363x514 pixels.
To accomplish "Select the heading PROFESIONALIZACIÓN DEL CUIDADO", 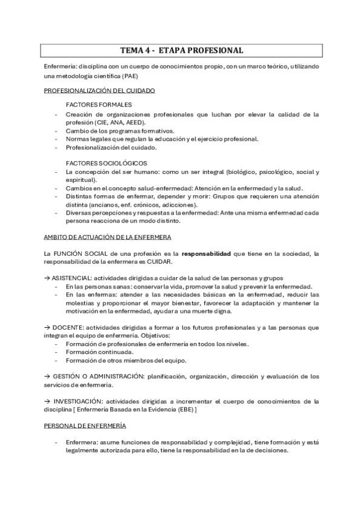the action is pyautogui.click(x=99, y=90).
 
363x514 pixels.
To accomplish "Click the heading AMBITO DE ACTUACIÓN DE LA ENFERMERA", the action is pyautogui.click(x=107, y=236).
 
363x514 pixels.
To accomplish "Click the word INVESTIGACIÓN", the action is pyautogui.click(x=76, y=401).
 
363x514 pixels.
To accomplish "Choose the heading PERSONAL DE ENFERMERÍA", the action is pyautogui.click(x=85, y=426).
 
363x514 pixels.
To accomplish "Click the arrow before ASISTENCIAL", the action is pyautogui.click(x=47, y=277).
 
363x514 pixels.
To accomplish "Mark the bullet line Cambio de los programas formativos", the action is pyautogui.click(x=119, y=130).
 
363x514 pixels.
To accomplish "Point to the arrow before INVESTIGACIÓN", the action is pyautogui.click(x=47, y=401).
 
